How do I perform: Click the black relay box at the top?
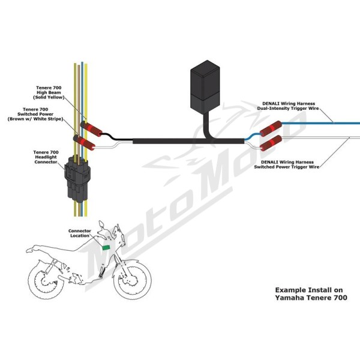click(205, 87)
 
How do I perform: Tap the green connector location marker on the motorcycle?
click(106, 247)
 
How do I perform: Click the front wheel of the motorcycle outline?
click(133, 280)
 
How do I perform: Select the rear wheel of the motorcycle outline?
click(46, 280)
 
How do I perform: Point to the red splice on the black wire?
click(91, 129)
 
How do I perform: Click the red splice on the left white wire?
click(84, 143)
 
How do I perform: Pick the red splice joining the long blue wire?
click(271, 128)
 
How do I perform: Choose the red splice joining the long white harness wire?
click(271, 143)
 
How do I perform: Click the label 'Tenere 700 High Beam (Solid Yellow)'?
click(49, 92)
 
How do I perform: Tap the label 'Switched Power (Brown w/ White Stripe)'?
click(35, 116)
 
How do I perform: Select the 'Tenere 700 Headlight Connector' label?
click(46, 157)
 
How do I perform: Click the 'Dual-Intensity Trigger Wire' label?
click(288, 109)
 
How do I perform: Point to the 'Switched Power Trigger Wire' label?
click(287, 167)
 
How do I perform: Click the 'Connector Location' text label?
click(79, 233)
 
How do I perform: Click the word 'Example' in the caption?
click(290, 290)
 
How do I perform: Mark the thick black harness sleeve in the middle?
click(188, 141)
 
